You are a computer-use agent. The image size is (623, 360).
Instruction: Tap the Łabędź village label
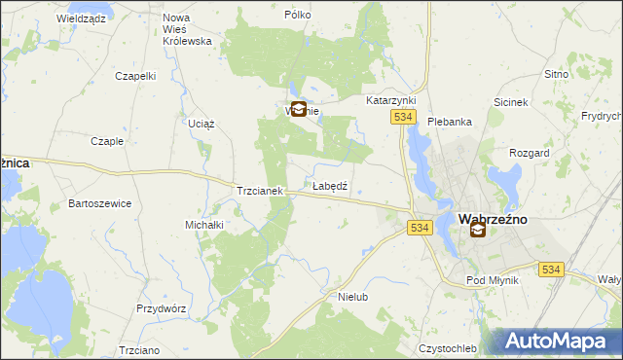coord(330,185)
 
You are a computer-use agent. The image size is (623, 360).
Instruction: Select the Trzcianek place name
coord(259,192)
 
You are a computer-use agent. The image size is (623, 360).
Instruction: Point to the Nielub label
coord(352,296)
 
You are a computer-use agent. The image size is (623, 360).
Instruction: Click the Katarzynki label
coord(390,100)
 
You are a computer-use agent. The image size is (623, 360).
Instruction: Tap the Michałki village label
coord(204,225)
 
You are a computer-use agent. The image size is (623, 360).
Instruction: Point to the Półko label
coord(297,16)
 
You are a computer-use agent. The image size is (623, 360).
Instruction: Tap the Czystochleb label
coord(447,348)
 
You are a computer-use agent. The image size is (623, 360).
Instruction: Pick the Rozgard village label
coord(530,154)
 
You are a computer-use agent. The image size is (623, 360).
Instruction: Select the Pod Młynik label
coord(493,280)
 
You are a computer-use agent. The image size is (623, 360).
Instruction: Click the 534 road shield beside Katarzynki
coord(404,117)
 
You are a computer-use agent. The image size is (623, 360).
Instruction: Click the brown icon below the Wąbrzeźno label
coord(478,231)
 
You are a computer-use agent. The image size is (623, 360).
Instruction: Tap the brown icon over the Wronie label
coord(299,110)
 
